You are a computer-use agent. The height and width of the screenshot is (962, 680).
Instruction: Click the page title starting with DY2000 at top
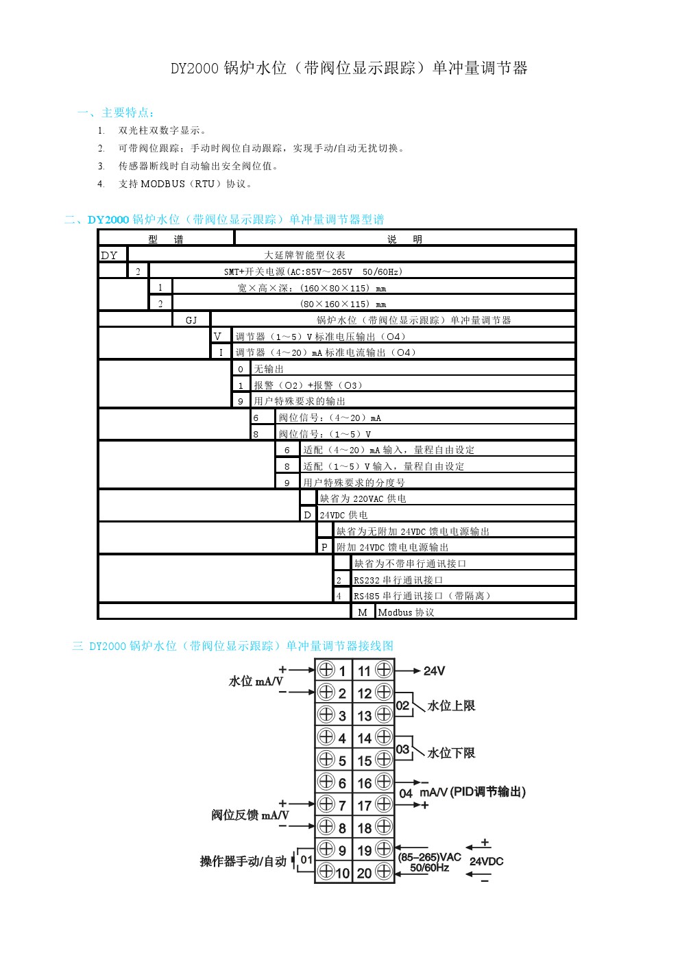pos(349,68)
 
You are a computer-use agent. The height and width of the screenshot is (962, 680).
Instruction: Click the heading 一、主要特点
pos(117,112)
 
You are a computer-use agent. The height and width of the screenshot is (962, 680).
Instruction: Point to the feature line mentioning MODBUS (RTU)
pos(185,184)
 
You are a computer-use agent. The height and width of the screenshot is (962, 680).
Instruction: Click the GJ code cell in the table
pos(191,320)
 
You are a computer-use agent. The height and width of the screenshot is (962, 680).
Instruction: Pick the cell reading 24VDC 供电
pos(343,515)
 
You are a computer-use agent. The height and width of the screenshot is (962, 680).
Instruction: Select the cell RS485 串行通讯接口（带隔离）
pos(422,596)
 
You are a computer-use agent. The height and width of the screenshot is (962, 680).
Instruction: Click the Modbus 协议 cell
pos(406,612)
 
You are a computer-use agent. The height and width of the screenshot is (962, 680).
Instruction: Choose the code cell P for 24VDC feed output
pos(324,547)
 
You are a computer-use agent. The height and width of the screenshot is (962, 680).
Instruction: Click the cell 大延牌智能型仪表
pos(305,255)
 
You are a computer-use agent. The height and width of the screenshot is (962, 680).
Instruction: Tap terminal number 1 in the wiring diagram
pos(342,671)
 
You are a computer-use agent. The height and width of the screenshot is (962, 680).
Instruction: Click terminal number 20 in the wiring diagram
pos(365,873)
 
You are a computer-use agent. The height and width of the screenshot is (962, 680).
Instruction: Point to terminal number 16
pos(365,783)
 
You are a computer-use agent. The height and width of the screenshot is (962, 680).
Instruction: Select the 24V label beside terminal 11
pos(434,671)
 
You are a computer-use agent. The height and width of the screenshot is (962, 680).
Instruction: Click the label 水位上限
pos(451,706)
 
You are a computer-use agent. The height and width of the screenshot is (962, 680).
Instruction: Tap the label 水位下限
pos(451,753)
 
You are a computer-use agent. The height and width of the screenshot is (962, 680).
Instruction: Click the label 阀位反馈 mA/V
pos(250,815)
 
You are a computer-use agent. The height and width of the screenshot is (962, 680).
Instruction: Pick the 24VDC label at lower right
pos(486,861)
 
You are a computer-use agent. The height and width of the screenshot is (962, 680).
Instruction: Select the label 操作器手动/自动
pos(243,861)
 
